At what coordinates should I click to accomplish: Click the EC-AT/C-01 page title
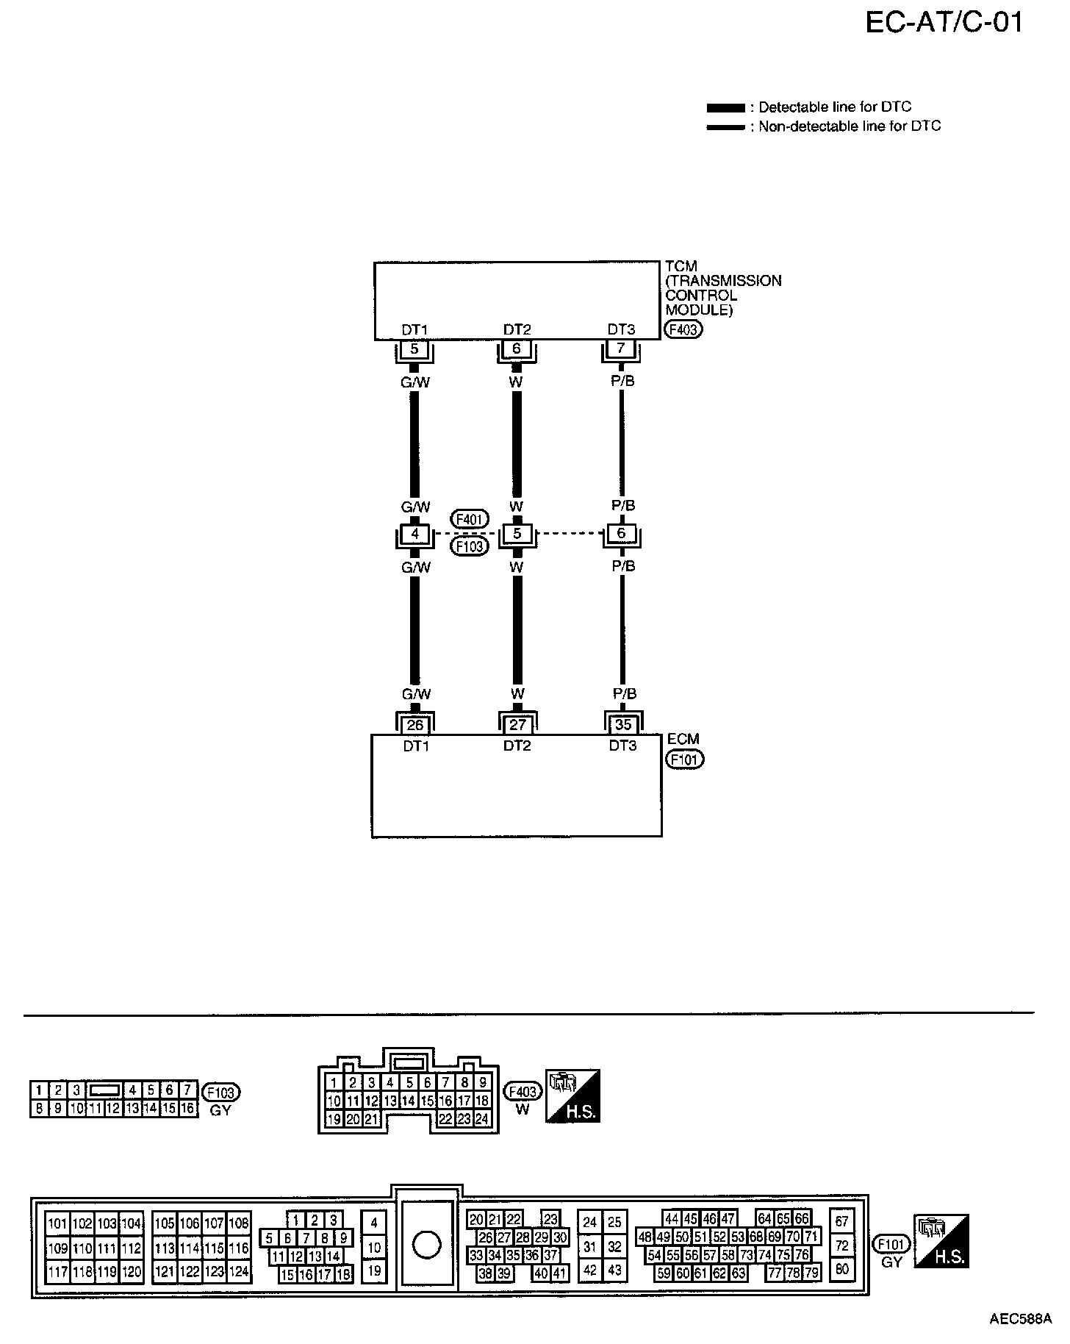coord(944,23)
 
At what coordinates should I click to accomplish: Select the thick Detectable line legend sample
coord(725,107)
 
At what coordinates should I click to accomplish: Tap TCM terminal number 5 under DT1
coord(414,349)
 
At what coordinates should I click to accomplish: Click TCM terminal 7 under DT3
coord(621,348)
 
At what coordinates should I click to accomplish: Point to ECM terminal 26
coord(415,725)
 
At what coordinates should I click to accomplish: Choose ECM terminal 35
coord(622,724)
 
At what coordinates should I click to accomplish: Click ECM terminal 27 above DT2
coord(518,725)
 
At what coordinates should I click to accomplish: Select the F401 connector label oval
coord(469,520)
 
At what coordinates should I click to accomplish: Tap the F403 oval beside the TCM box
coord(683,329)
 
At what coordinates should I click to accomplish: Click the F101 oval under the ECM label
coord(684,759)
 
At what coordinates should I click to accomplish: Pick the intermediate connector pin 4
coord(414,534)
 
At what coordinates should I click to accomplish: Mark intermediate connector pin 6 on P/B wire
coord(622,533)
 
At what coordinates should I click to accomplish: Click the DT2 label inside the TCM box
coord(517,329)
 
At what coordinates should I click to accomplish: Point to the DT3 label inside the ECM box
coord(622,746)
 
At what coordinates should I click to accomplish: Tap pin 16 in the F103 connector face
coord(188,1108)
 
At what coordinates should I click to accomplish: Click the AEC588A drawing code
coord(1020,1318)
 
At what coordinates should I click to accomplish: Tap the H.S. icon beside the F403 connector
coord(572,1095)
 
